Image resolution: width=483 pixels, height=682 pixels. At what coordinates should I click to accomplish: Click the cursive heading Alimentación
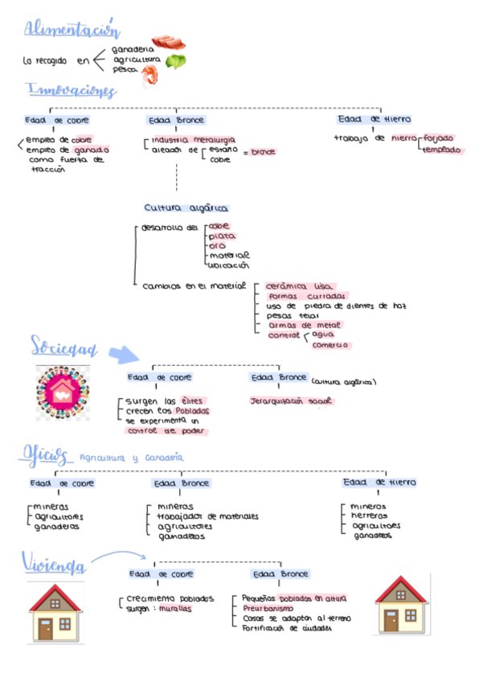point(72,30)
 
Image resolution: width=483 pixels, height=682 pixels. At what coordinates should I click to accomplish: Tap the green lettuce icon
point(175,61)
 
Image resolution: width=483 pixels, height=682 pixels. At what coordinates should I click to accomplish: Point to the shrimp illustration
point(150,76)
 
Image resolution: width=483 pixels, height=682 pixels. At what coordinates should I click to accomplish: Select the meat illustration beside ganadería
point(168,42)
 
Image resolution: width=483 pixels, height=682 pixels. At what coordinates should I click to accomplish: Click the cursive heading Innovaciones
point(72,90)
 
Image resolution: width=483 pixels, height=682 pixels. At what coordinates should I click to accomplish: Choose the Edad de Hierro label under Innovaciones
point(375,119)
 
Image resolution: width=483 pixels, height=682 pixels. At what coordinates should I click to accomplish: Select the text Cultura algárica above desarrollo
point(186,207)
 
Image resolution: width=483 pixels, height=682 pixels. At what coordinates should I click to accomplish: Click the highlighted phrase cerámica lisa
point(298,286)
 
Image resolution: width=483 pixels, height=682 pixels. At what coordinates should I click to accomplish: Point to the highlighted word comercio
point(330,344)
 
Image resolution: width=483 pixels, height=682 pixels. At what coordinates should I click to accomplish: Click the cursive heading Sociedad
point(64,348)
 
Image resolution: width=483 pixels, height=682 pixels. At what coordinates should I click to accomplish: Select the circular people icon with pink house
point(62,391)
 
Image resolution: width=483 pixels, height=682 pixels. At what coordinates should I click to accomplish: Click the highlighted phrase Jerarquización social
point(290,400)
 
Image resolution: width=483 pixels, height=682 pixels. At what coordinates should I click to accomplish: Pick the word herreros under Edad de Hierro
point(370,516)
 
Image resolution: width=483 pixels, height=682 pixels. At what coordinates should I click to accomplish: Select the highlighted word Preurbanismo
point(268,609)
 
